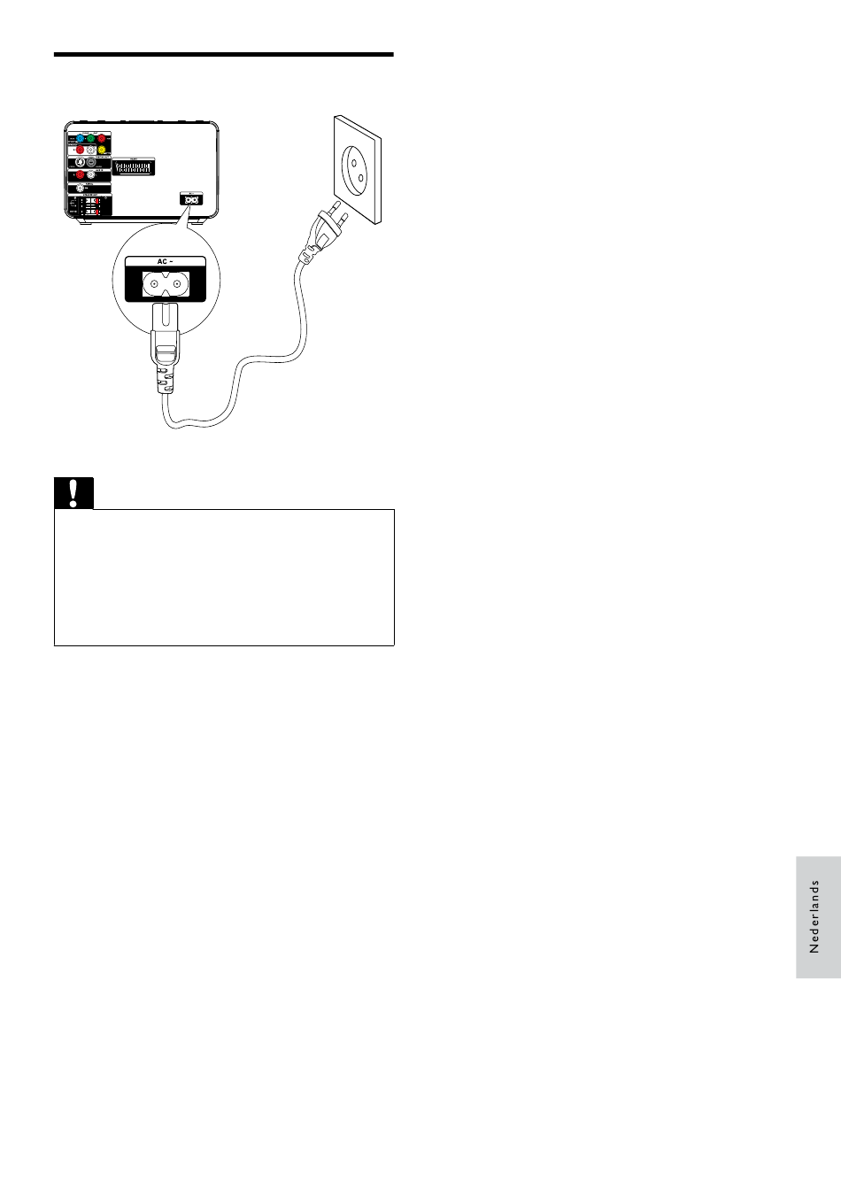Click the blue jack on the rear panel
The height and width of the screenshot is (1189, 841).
[x=80, y=139]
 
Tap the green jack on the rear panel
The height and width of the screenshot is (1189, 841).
[x=91, y=139]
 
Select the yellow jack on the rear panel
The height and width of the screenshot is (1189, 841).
[x=102, y=151]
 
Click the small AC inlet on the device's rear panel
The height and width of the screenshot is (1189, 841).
[x=189, y=199]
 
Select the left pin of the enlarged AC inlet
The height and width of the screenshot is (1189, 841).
[x=156, y=283]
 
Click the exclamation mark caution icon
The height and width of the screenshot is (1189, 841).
[x=73, y=493]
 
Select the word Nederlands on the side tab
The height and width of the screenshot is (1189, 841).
[x=815, y=916]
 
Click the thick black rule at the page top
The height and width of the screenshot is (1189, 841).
[x=223, y=55]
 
